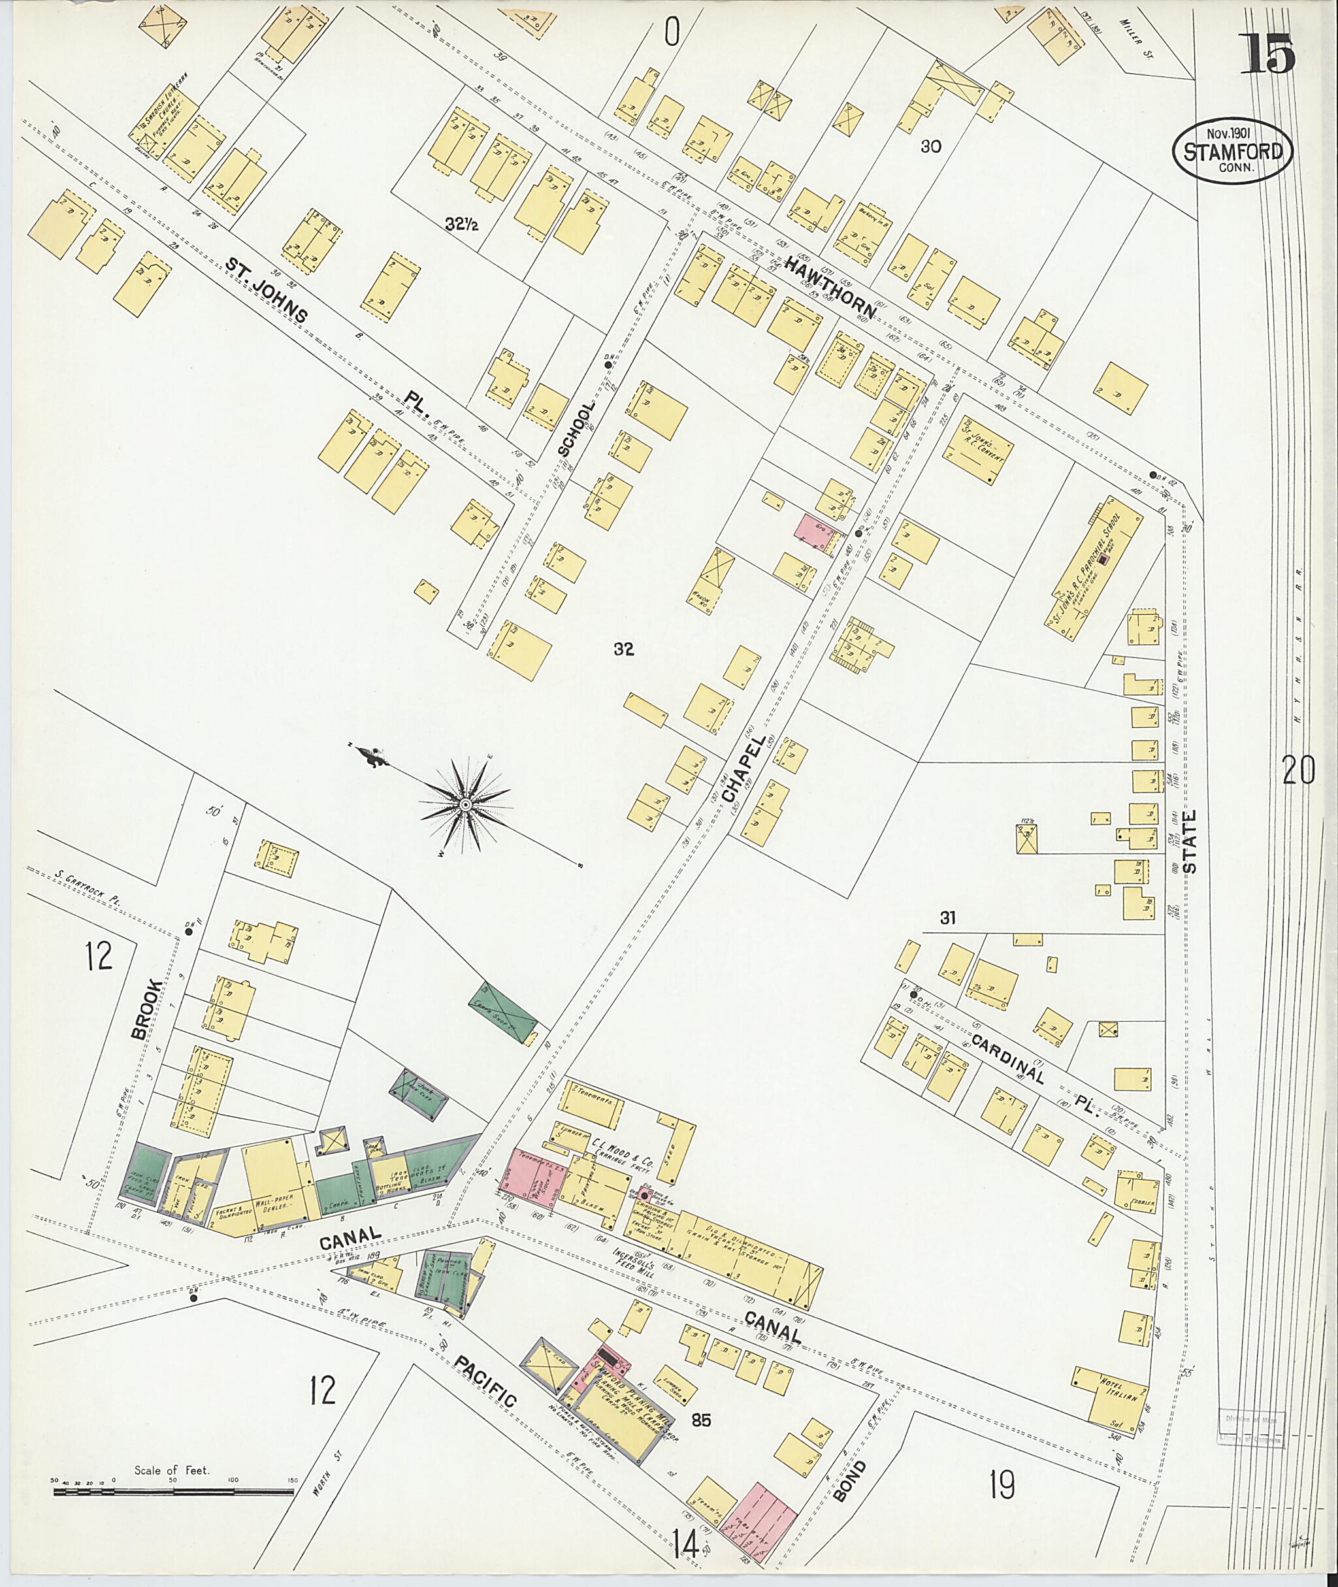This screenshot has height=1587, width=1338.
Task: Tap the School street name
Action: coord(576,428)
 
